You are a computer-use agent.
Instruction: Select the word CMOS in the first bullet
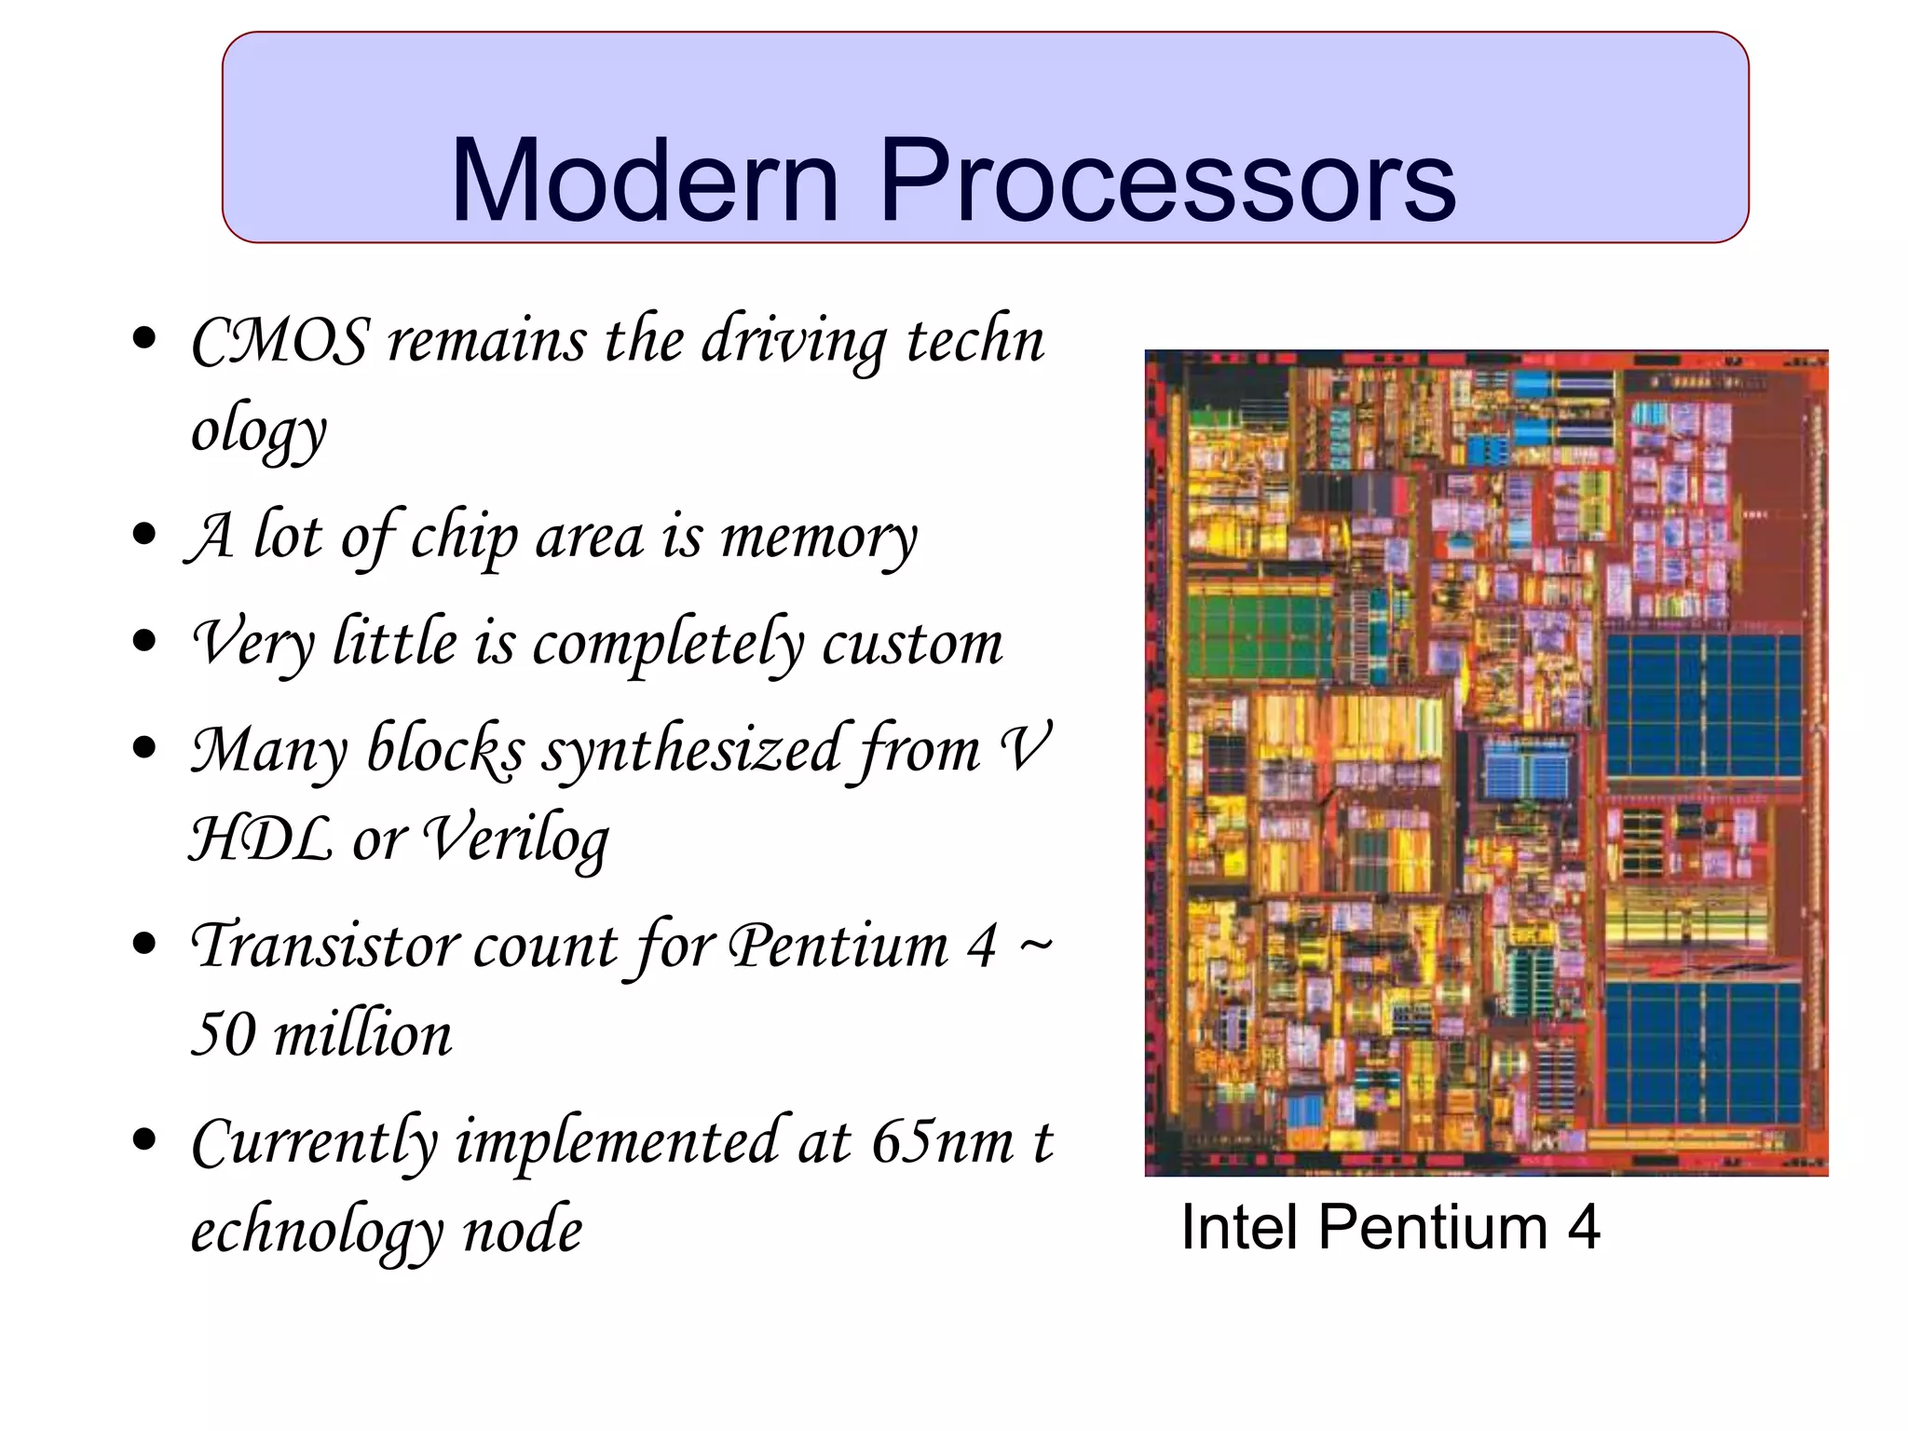click(279, 341)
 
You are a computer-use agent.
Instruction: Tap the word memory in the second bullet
click(818, 538)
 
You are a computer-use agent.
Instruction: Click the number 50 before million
click(223, 1034)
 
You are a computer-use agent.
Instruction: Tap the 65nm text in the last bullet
click(942, 1142)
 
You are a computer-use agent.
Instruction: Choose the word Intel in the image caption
click(1239, 1227)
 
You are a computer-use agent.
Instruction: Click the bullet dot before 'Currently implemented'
click(144, 1138)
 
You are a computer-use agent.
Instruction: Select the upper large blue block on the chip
click(1703, 706)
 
